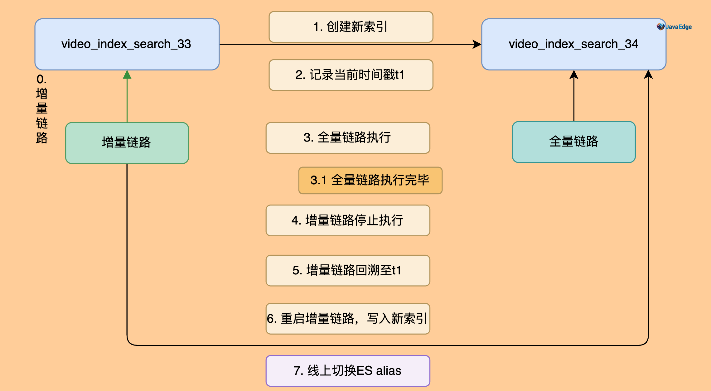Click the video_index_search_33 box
(127, 44)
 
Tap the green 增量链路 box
(127, 143)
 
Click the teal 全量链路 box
(573, 142)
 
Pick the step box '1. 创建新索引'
(351, 27)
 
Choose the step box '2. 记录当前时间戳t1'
(351, 75)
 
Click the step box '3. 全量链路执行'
(348, 138)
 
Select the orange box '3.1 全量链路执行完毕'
(370, 181)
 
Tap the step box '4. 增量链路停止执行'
(348, 220)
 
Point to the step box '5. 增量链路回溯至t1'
(348, 270)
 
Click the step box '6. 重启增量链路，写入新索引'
(348, 319)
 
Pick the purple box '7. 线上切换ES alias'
(348, 371)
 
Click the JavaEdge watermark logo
(674, 27)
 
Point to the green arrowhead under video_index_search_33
(127, 75)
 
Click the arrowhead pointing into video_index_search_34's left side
(477, 44)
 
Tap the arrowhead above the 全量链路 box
(574, 75)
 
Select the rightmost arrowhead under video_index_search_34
(648, 75)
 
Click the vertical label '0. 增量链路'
(42, 109)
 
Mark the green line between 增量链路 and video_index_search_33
(127, 100)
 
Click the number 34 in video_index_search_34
(631, 44)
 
